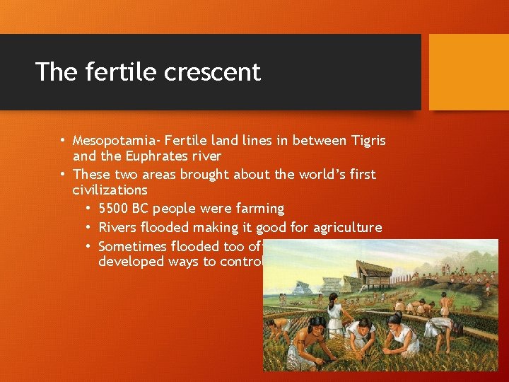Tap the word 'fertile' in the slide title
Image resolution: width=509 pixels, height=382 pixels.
tap(115, 71)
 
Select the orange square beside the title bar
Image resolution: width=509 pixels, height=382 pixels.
tap(469, 72)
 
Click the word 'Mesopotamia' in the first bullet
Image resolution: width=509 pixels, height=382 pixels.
tap(111, 141)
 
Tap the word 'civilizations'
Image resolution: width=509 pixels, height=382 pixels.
tap(110, 190)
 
